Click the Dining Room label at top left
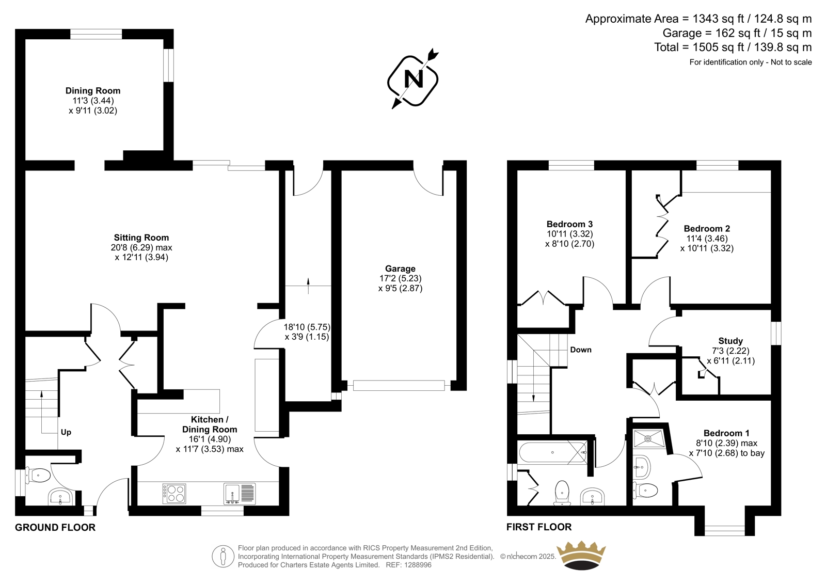point(93,91)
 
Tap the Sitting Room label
point(141,238)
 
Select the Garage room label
point(400,269)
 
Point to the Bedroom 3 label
point(570,224)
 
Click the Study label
point(730,341)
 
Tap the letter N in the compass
point(414,80)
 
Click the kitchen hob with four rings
point(174,494)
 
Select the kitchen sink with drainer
point(240,494)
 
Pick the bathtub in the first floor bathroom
point(552,453)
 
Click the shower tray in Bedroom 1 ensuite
point(649,439)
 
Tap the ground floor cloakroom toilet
point(38,476)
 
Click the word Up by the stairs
point(66,432)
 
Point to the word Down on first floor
point(581,350)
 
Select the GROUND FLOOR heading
point(55,528)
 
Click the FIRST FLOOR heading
point(539,527)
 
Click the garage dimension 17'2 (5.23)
point(401,278)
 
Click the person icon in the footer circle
point(223,556)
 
